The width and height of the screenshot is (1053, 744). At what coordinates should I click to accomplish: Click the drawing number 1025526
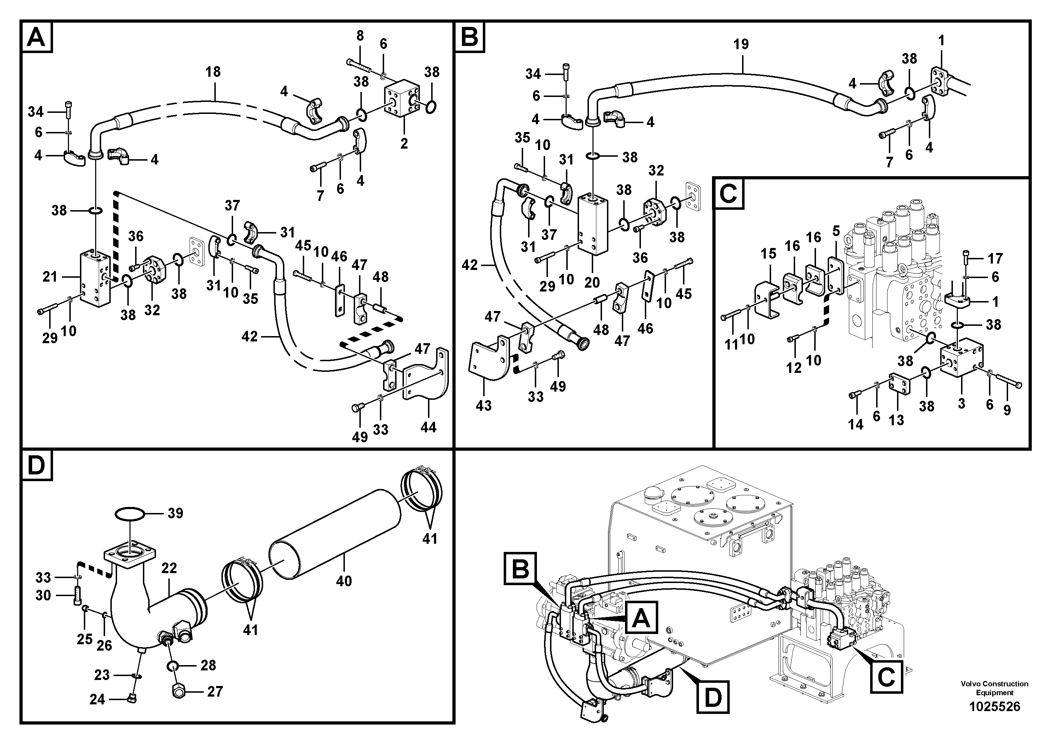pos(994,706)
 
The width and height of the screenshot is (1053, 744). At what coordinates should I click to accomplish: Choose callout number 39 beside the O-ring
pos(175,513)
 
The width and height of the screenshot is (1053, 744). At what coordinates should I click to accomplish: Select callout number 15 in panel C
pos(768,254)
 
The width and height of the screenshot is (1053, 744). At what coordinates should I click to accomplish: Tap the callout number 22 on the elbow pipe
pos(169,568)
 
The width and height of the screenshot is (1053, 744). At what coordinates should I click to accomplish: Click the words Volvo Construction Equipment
pos(994,688)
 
